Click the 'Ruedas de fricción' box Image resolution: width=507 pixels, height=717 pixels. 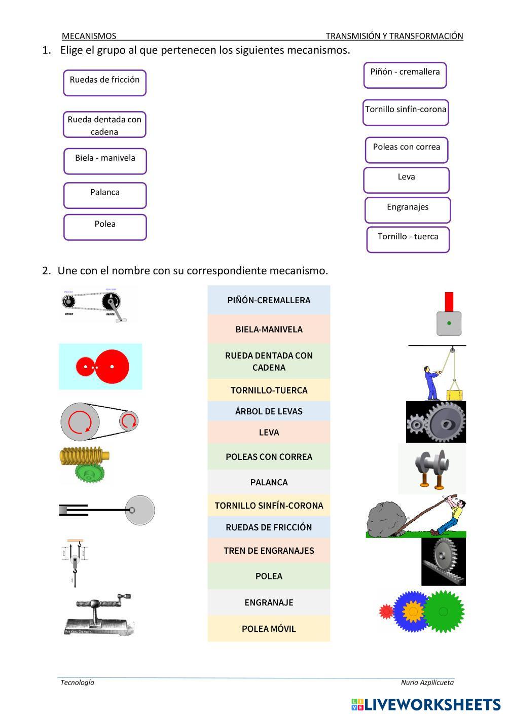pyautogui.click(x=104, y=83)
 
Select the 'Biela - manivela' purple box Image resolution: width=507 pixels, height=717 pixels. pyautogui.click(x=105, y=161)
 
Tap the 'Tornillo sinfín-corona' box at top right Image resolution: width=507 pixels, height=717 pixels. pyautogui.click(x=406, y=112)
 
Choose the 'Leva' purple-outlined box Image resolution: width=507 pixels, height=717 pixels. pyautogui.click(x=406, y=180)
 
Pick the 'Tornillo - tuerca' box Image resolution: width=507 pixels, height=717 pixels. pyautogui.click(x=408, y=239)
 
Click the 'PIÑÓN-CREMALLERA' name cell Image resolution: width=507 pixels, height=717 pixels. pyautogui.click(x=269, y=300)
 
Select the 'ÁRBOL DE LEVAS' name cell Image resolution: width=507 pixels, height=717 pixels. pyautogui.click(x=269, y=411)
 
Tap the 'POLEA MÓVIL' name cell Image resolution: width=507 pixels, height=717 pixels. pyautogui.click(x=269, y=629)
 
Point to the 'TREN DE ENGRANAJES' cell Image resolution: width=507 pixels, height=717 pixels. pyautogui.click(x=269, y=551)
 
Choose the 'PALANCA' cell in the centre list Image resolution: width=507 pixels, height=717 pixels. pyautogui.click(x=269, y=482)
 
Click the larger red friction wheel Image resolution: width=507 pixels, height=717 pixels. pyautogui.click(x=112, y=366)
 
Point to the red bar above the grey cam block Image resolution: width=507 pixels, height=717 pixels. pyautogui.click(x=449, y=301)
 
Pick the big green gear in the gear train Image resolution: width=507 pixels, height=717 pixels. pyautogui.click(x=443, y=612)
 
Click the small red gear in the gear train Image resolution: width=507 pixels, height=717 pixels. pyautogui.click(x=386, y=612)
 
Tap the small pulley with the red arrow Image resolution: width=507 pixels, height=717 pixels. pyautogui.click(x=128, y=420)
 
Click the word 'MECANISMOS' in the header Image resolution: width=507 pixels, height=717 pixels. pyautogui.click(x=89, y=36)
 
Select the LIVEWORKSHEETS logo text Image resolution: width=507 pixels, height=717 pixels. pyautogui.click(x=432, y=704)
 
